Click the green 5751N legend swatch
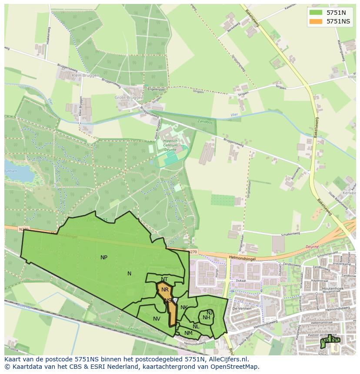point(316,13)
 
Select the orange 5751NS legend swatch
point(316,21)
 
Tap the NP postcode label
point(104,258)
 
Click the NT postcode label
point(164,279)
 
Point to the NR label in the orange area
point(165,290)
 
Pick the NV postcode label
point(157,319)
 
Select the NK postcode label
point(184,308)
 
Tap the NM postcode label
point(188,333)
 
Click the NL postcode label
point(196,327)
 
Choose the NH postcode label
point(207,318)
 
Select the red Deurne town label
point(312,246)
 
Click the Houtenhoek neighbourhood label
point(333,288)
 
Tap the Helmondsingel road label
point(242,258)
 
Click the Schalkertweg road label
point(290,234)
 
